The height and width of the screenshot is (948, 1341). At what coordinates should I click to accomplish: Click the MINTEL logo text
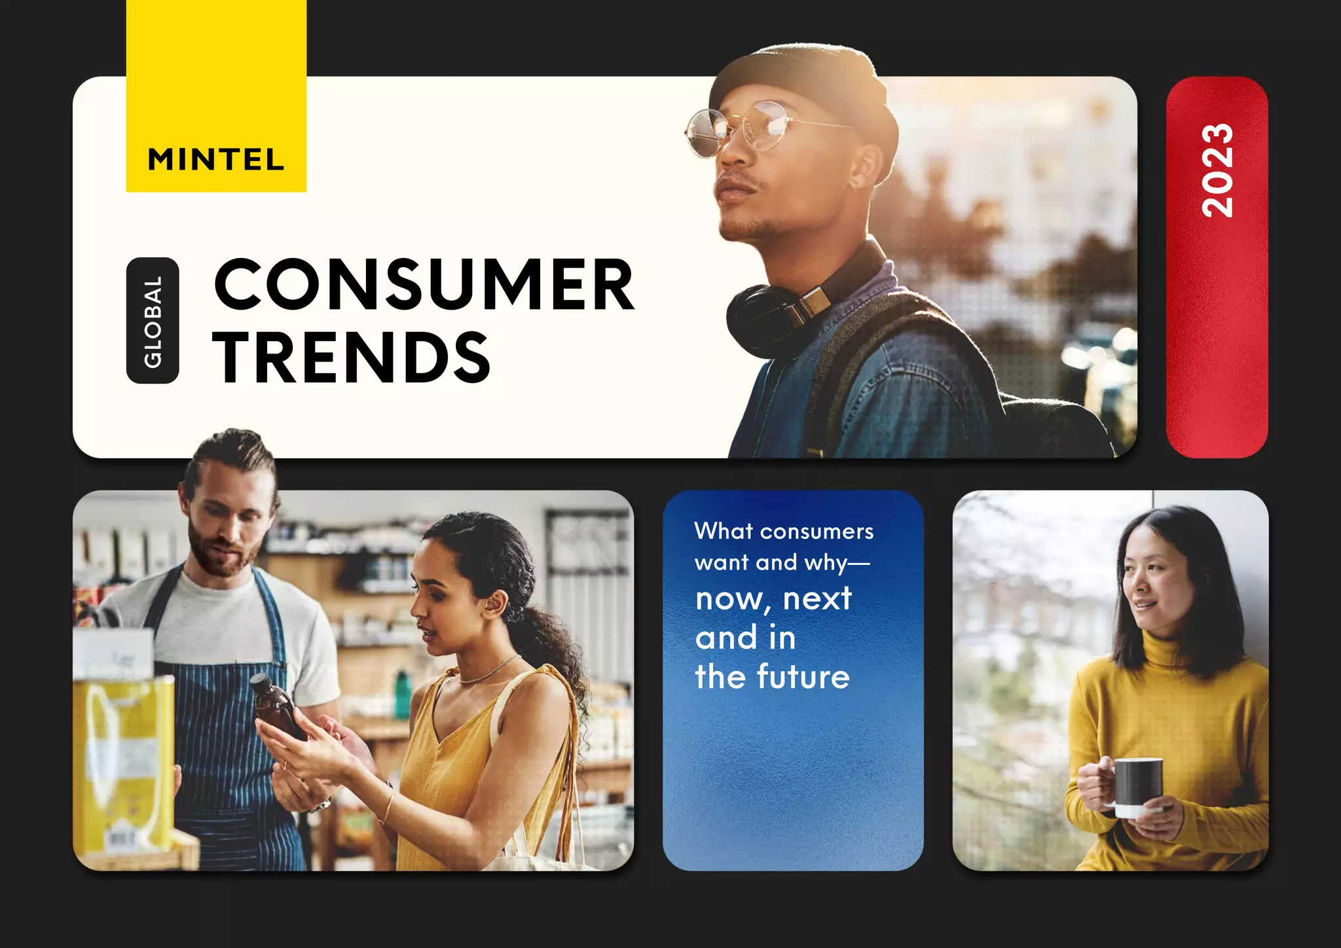(x=216, y=160)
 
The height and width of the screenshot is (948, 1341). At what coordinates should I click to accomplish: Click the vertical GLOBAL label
(x=153, y=321)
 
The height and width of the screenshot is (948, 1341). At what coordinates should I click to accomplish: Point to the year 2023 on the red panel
(x=1217, y=170)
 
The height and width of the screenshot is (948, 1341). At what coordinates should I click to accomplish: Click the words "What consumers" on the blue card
(x=784, y=531)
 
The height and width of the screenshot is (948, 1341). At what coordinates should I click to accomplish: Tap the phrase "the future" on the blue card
(x=772, y=677)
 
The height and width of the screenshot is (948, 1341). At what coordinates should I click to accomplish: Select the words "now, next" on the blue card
(x=773, y=598)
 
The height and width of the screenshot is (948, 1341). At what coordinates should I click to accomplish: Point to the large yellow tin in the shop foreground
(x=124, y=753)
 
